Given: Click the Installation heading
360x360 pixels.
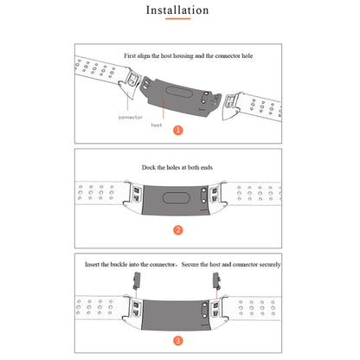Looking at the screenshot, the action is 177,10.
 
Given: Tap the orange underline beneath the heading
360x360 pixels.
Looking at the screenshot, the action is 177,19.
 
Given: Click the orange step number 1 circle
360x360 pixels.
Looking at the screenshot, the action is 178,130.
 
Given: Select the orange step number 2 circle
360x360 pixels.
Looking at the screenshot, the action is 178,230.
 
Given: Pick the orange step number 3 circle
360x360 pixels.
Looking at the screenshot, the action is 178,341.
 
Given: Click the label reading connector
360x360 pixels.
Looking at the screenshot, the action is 131,118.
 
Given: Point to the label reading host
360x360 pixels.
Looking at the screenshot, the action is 157,125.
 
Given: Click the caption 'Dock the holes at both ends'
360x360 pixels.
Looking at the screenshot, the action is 177,167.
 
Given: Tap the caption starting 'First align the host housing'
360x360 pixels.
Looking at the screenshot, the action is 189,55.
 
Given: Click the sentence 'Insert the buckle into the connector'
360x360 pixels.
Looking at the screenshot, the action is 130,264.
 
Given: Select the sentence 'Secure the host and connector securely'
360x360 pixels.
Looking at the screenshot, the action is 231,264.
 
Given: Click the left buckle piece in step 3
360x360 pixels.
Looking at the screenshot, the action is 137,281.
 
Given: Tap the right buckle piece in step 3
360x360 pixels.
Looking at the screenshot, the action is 216,281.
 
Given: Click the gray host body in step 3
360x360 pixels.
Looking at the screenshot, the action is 177,315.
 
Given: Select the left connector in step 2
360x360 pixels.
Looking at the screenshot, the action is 133,195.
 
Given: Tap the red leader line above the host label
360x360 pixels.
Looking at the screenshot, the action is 164,109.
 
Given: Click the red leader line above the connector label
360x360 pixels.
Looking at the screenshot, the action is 128,101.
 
